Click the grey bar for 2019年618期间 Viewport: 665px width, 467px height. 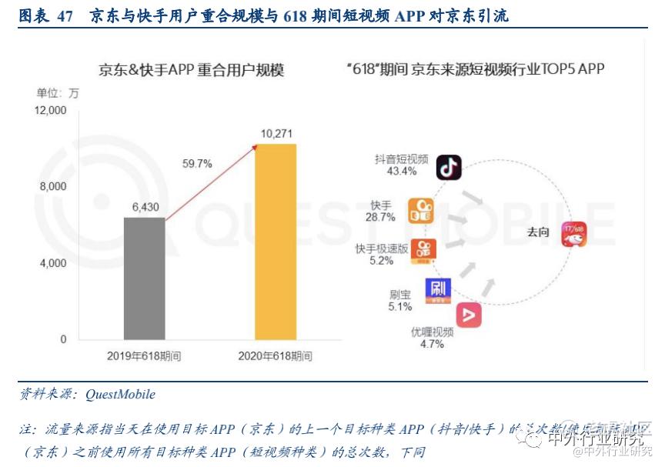pos(145,278)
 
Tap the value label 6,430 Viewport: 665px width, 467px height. pos(145,207)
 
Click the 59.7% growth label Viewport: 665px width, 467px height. pos(197,163)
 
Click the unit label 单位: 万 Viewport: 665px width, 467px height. pos(58,93)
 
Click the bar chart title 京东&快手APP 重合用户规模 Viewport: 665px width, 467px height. pos(191,71)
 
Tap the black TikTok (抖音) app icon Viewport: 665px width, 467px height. pos(449,167)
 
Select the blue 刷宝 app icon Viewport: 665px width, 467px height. pos(438,290)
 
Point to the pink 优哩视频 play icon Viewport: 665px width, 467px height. pos(469,315)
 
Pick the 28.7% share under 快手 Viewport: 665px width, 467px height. pos(381,218)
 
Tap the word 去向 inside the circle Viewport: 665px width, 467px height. pos(536,232)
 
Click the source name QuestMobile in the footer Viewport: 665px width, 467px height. pos(120,395)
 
